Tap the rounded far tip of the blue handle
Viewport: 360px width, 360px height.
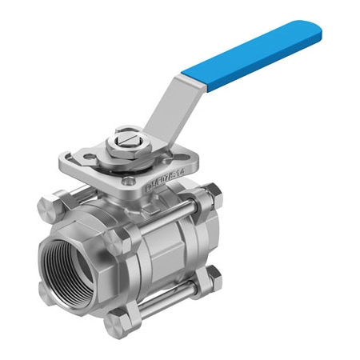coord(314,32)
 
